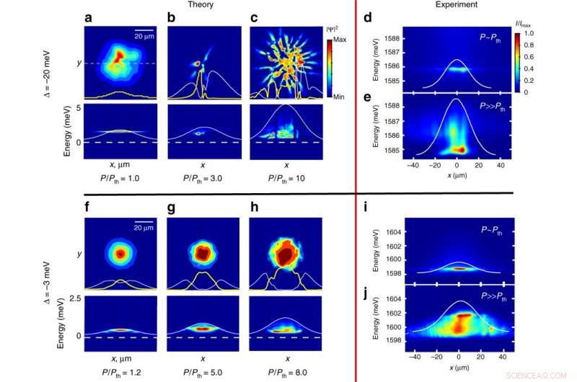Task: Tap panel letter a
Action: click(88, 17)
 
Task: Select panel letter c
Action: click(252, 17)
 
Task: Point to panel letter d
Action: click(368, 17)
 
